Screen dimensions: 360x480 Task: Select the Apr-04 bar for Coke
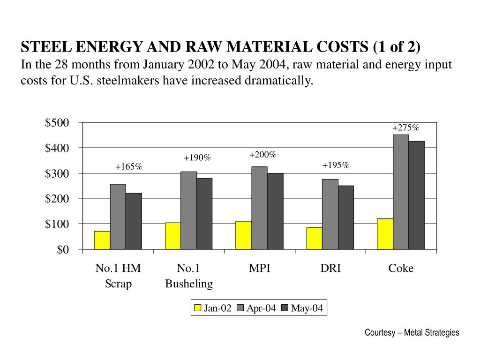401,192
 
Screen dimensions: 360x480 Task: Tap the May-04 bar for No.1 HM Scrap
134,221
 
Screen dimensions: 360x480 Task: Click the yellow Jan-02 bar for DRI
315,238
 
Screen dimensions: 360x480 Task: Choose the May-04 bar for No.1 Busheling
204,213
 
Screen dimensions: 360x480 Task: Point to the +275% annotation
406,128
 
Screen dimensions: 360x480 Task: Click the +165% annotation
128,167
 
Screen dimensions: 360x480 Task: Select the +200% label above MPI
263,155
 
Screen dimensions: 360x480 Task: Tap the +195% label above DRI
336,165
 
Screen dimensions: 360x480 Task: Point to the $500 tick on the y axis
57,123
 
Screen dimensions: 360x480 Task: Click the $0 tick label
63,250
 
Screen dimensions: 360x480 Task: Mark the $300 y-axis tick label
57,173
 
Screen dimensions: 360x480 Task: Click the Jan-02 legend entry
213,308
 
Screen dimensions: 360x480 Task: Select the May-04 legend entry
302,308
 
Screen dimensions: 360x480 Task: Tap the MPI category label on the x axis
260,269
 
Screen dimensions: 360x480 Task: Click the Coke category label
401,269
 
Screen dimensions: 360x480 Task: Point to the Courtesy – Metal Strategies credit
412,332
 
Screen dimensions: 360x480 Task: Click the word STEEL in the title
46,47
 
